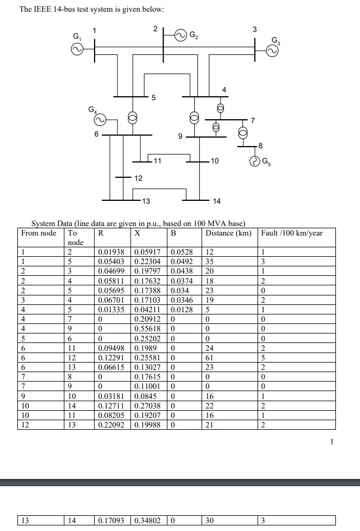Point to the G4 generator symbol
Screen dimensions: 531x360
99,119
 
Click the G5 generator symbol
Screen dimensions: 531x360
255,162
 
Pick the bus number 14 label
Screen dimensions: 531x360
217,201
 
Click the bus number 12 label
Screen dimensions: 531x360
138,178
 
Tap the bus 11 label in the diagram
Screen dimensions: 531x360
157,161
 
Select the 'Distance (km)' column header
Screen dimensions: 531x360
228,233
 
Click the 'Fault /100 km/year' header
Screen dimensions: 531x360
292,233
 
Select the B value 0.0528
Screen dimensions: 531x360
181,251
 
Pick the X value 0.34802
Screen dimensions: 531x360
148,520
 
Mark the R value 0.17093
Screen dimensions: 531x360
111,520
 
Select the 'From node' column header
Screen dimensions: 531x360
39,233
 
